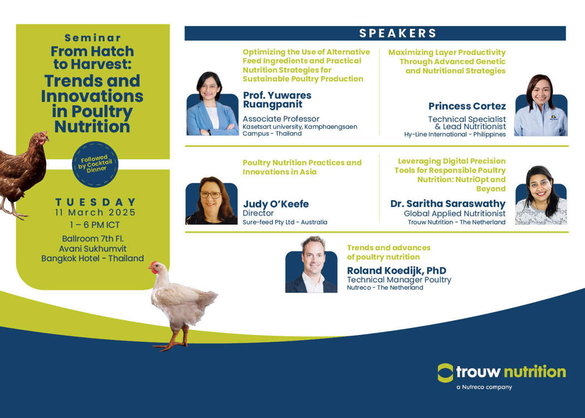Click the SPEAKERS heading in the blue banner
point(398,33)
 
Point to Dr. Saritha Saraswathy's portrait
point(541,195)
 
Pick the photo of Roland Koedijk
point(311,264)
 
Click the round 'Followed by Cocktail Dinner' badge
point(95,164)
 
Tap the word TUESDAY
point(95,202)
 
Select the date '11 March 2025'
point(95,212)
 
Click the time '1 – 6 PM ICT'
point(95,225)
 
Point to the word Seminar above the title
point(92,38)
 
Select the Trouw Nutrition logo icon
point(446,372)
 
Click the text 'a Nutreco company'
point(484,387)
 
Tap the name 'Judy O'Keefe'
point(276,204)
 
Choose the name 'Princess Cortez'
point(467,106)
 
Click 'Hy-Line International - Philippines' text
point(455,134)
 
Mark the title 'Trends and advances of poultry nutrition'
point(388,252)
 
